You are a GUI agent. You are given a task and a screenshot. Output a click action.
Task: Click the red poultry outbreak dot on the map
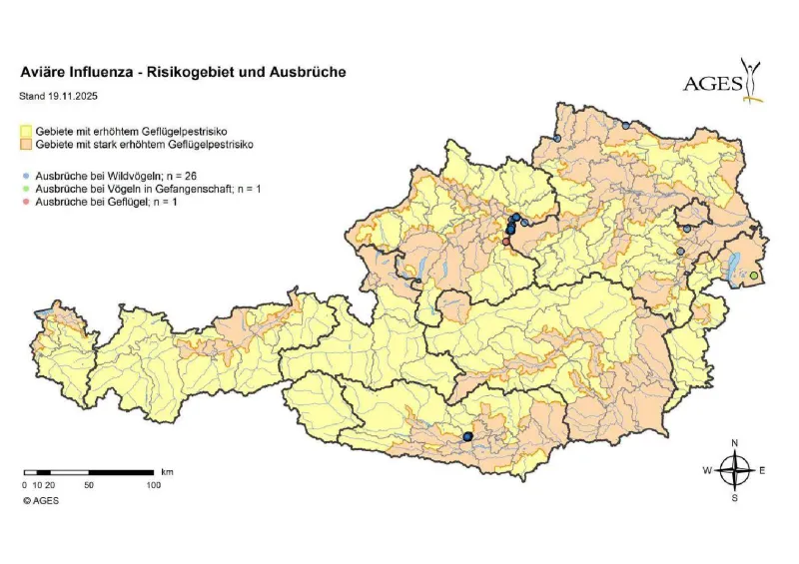pyautogui.click(x=506, y=242)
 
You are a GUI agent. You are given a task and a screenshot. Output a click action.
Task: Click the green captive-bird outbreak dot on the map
pyautogui.click(x=754, y=276)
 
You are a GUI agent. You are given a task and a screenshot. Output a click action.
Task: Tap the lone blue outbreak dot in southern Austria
pyautogui.click(x=467, y=436)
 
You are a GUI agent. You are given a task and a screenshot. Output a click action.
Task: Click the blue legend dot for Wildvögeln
pyautogui.click(x=26, y=175)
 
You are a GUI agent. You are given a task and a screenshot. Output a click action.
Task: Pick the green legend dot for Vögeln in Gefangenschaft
pyautogui.click(x=26, y=189)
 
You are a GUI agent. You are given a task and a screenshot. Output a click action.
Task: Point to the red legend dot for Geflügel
pyautogui.click(x=26, y=202)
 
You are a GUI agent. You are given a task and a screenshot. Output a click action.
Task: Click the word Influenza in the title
pyautogui.click(x=98, y=73)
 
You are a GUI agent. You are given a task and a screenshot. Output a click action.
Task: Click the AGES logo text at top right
pyautogui.click(x=711, y=84)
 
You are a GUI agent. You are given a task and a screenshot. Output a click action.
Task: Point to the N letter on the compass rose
pyautogui.click(x=735, y=442)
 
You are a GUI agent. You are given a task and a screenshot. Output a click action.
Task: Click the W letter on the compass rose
pyautogui.click(x=707, y=470)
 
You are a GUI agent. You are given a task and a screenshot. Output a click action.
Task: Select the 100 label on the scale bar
pyautogui.click(x=154, y=484)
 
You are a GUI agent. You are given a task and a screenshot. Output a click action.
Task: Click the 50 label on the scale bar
pyautogui.click(x=89, y=484)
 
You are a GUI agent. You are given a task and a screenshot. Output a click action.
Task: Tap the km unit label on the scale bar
pyautogui.click(x=167, y=470)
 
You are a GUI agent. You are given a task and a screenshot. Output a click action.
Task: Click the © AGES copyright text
pyautogui.click(x=41, y=500)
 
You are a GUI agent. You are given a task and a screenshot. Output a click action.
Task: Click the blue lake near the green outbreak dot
pyautogui.click(x=737, y=266)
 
